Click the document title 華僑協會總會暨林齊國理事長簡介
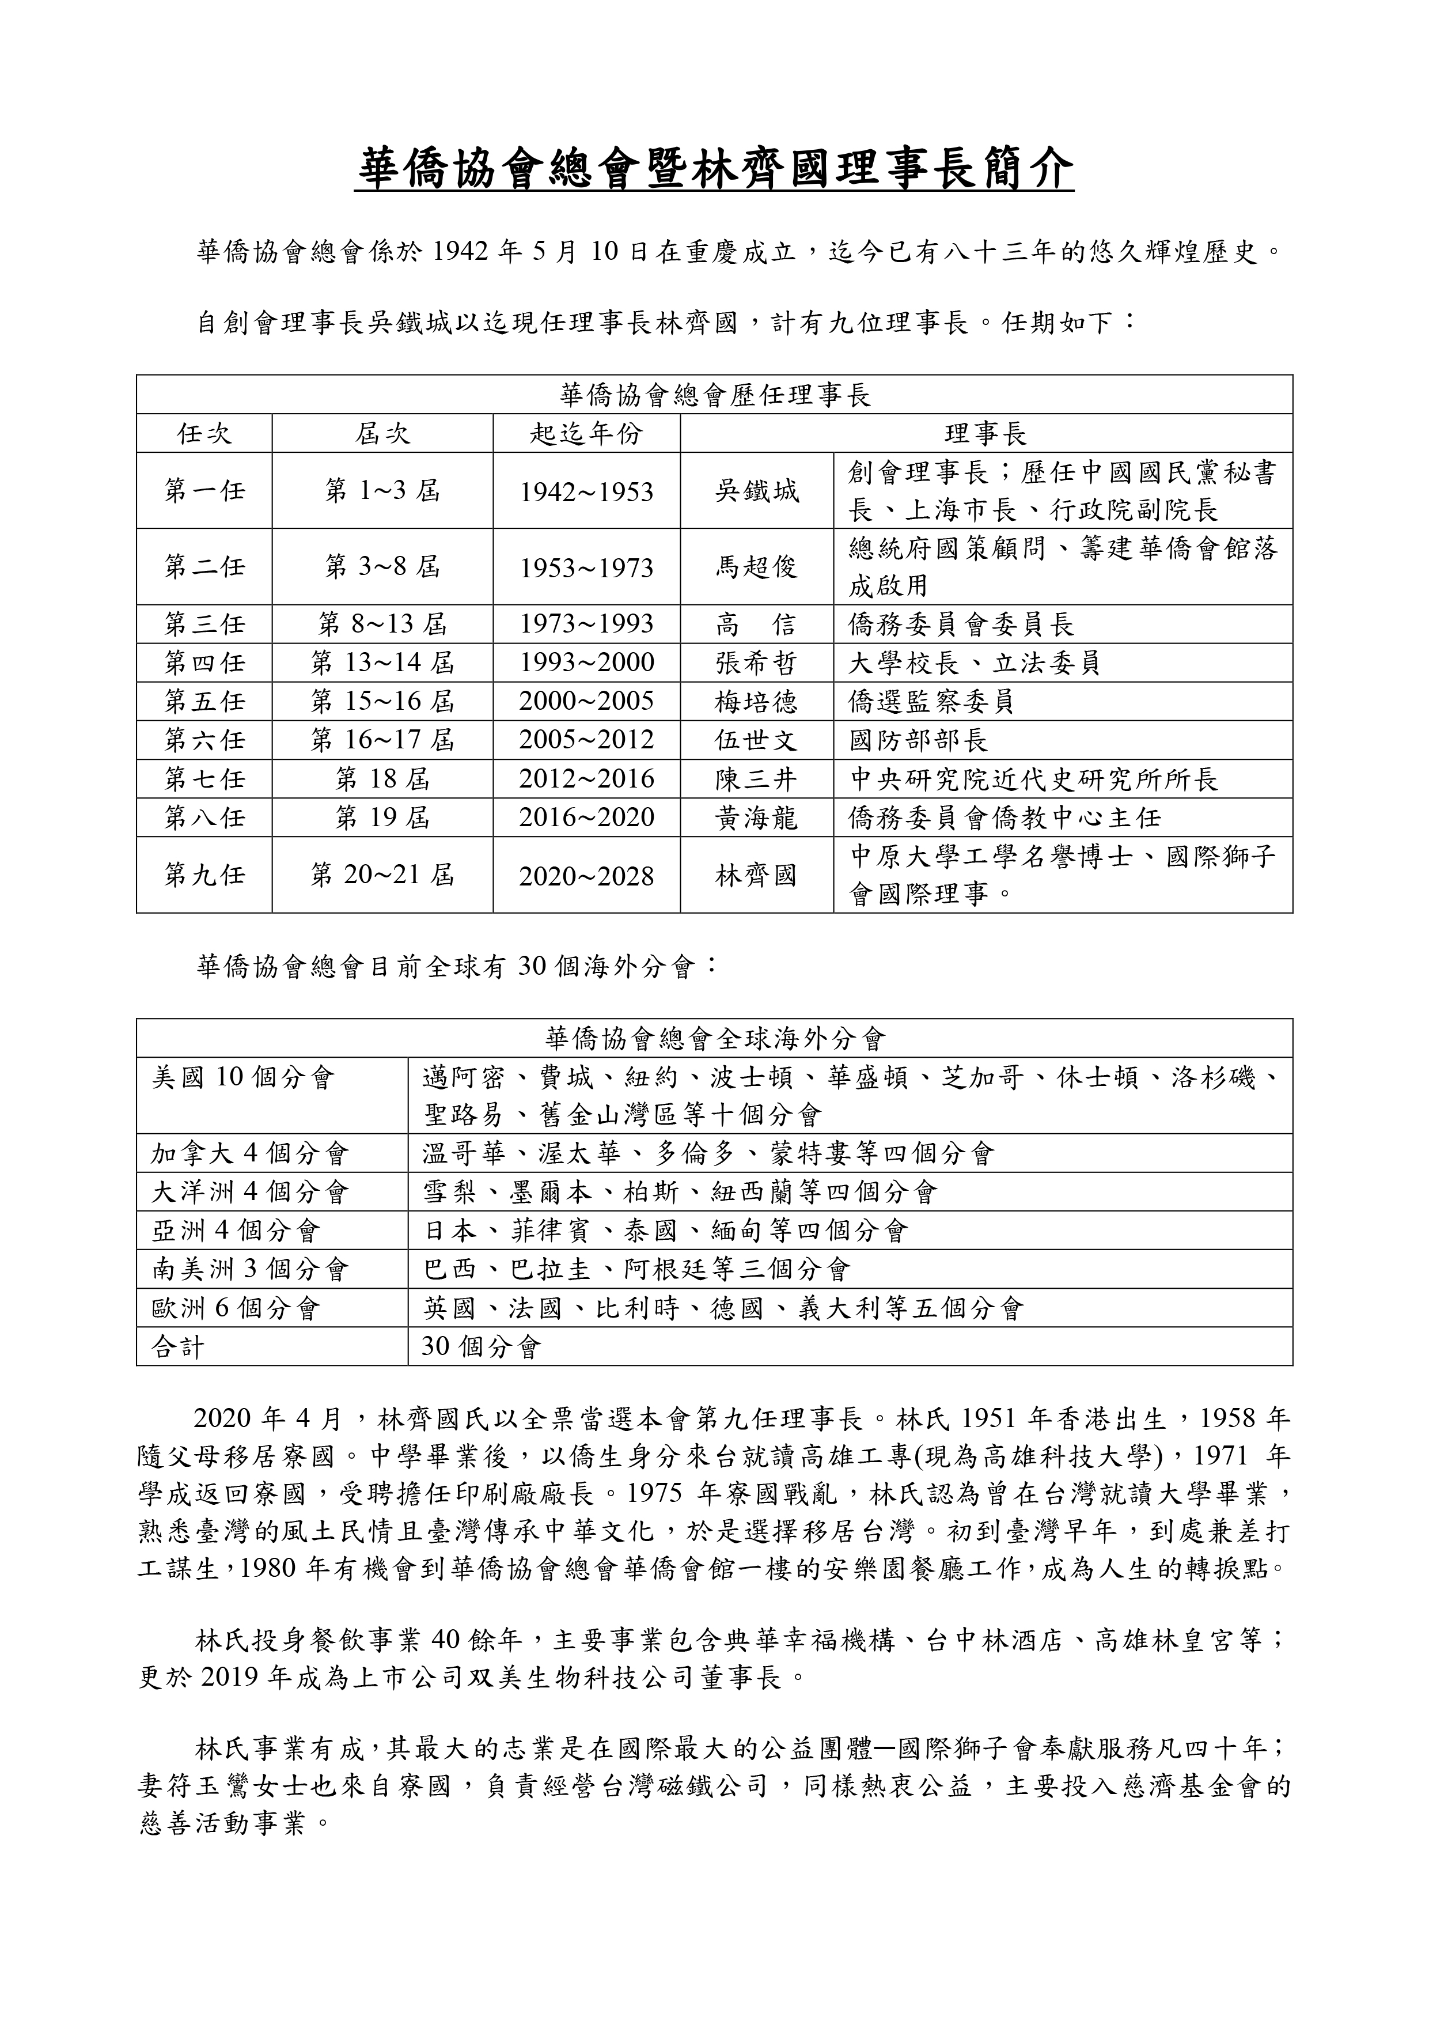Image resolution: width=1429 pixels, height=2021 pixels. pyautogui.click(x=714, y=168)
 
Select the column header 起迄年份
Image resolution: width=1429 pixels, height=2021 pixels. pyautogui.click(x=586, y=434)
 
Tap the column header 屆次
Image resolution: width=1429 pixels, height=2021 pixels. pyautogui.click(x=382, y=434)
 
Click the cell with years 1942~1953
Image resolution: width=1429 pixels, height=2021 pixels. pyautogui.click(x=586, y=492)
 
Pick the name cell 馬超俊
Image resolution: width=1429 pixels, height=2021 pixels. pyautogui.click(x=757, y=567)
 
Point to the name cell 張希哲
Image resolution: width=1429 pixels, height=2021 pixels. pyautogui.click(x=757, y=663)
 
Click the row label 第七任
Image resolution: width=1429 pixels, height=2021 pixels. pyautogui.click(x=204, y=779)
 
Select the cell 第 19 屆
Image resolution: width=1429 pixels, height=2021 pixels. pyautogui.click(x=382, y=818)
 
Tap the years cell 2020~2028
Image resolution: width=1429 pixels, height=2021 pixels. pyautogui.click(x=586, y=876)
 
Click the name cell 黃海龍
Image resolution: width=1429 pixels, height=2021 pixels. pyautogui.click(x=757, y=818)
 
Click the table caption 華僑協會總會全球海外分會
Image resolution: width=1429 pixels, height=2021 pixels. pyautogui.click(x=714, y=1039)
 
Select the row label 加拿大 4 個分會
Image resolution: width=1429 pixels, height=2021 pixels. pyautogui.click(x=251, y=1153)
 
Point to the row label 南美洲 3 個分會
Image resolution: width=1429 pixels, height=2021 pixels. pyautogui.click(x=251, y=1269)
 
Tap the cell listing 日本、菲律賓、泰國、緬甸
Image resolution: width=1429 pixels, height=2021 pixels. pyautogui.click(x=665, y=1231)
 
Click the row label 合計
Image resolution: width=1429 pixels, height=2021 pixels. pyautogui.click(x=178, y=1347)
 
